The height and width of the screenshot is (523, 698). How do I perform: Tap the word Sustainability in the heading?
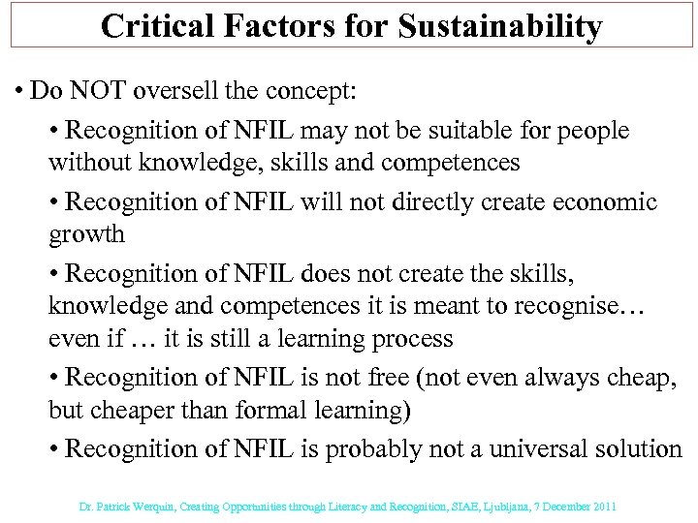503,26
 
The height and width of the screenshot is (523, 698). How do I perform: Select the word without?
85,164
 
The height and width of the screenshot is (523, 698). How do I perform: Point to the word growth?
86,235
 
